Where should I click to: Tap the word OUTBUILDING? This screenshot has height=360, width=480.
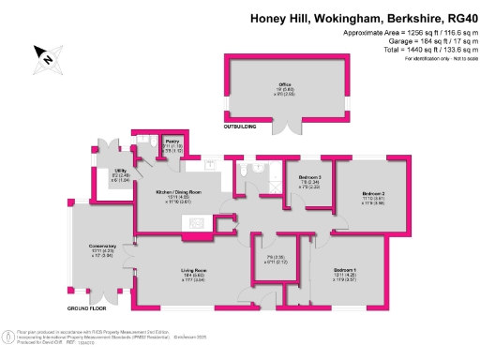(x=241, y=125)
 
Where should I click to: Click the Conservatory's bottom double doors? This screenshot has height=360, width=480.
(x=99, y=301)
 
